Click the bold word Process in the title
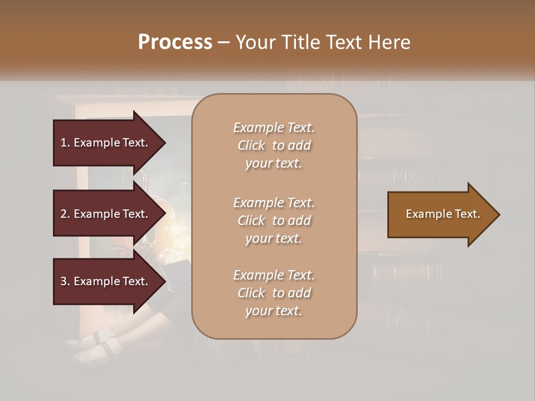[175, 42]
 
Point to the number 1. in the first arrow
[65, 143]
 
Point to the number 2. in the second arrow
[65, 214]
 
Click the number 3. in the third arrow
[65, 281]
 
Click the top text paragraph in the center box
[274, 145]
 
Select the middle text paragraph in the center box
[274, 221]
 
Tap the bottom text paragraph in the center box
[274, 293]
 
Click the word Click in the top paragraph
[251, 145]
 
